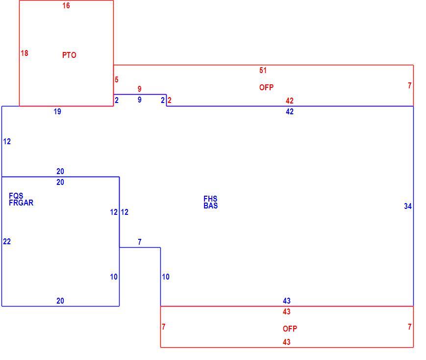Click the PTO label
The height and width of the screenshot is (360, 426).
[x=69, y=55]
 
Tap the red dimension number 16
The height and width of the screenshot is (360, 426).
[x=66, y=6]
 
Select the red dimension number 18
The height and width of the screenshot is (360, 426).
[x=25, y=53]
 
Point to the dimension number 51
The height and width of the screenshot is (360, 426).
[x=263, y=71]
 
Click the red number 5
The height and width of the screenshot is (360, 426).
[x=117, y=79]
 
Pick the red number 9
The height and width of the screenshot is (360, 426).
[x=139, y=89]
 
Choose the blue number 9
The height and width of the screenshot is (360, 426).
[x=139, y=100]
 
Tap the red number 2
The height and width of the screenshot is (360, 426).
[x=169, y=101]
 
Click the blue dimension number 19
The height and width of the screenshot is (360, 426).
[x=57, y=111]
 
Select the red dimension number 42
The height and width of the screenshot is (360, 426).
[x=290, y=101]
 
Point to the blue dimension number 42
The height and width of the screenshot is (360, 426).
[x=290, y=111]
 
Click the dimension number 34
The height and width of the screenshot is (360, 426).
[x=408, y=206]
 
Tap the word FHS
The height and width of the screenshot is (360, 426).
[x=210, y=199]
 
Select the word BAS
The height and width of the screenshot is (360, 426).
[x=211, y=206]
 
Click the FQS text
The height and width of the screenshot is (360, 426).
[x=16, y=196]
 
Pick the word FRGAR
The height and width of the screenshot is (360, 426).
[x=21, y=203]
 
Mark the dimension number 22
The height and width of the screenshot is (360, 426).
[x=7, y=241]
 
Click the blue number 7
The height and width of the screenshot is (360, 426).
[x=139, y=242]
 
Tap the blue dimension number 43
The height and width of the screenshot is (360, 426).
[x=287, y=301]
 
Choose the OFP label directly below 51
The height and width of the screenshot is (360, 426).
[x=266, y=88]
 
